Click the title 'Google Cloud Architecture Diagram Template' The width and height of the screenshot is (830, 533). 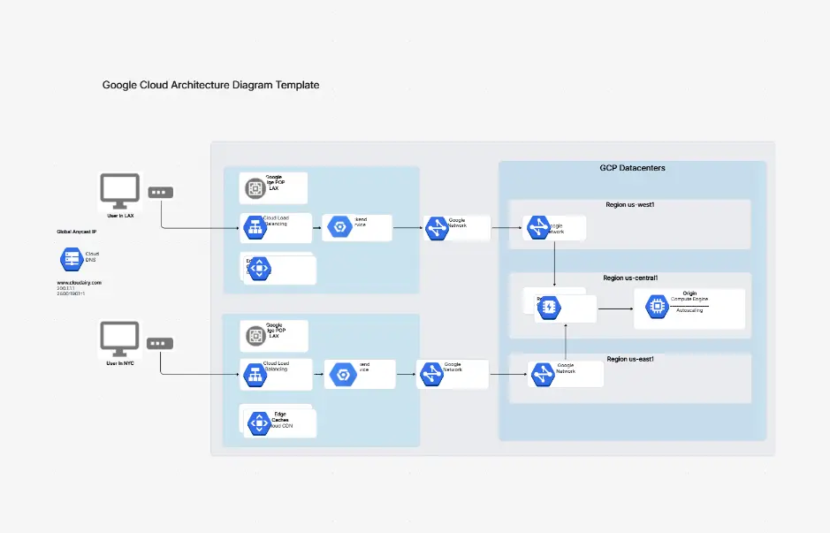click(x=210, y=85)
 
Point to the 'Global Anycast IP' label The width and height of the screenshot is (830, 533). click(x=77, y=232)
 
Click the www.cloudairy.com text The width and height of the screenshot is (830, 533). click(x=80, y=282)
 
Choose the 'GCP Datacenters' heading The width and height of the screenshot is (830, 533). click(x=632, y=168)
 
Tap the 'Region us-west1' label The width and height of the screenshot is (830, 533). click(x=629, y=204)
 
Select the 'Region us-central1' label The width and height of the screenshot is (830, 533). click(x=630, y=278)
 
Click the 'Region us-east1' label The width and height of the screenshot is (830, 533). click(x=630, y=359)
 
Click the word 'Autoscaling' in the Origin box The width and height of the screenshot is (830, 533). click(x=689, y=311)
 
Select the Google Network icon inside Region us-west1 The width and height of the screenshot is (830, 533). click(x=538, y=228)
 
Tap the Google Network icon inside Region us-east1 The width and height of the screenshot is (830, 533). click(x=543, y=375)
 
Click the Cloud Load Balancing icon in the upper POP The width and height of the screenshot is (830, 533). click(x=255, y=228)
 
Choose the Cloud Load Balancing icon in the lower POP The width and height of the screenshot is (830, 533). click(x=255, y=375)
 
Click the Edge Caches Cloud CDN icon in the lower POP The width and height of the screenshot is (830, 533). click(x=259, y=423)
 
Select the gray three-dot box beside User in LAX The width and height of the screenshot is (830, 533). click(x=160, y=193)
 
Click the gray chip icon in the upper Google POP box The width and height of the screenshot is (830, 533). click(x=254, y=187)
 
